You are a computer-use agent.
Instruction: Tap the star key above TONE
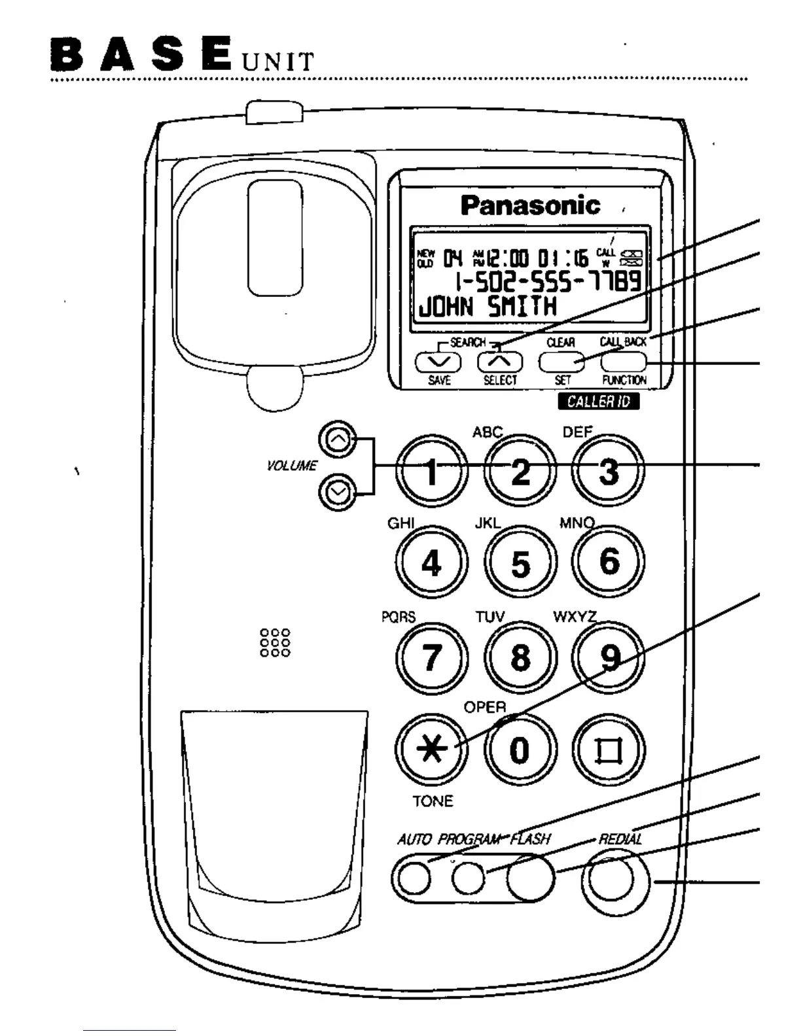click(x=432, y=750)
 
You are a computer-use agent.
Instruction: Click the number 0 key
click(x=520, y=750)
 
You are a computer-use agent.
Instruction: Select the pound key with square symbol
click(x=608, y=751)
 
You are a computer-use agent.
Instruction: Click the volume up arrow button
click(x=338, y=440)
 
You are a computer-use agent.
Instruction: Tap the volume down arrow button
click(x=338, y=491)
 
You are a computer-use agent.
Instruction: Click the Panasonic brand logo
click(x=530, y=205)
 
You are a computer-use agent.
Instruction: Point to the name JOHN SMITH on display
click(x=487, y=306)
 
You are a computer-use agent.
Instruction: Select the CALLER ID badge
click(x=598, y=401)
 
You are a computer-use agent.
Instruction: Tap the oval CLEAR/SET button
click(x=561, y=361)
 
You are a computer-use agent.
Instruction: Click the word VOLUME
click(x=292, y=466)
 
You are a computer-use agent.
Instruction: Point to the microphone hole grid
click(x=275, y=643)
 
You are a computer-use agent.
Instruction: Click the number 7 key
click(x=431, y=657)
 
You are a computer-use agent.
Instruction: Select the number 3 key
click(x=608, y=471)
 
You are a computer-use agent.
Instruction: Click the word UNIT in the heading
click(x=277, y=61)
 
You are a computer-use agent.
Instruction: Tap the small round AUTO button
click(x=415, y=878)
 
